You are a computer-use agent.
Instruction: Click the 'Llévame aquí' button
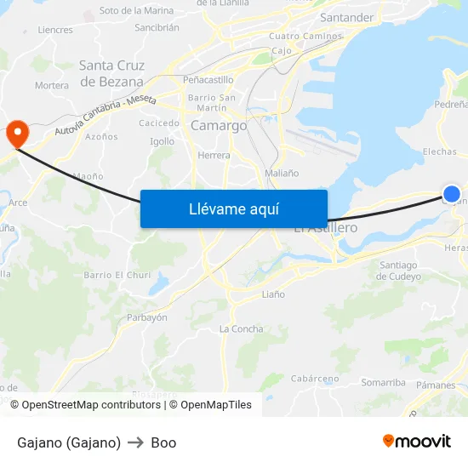point(233,208)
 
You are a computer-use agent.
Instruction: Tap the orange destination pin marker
point(16,132)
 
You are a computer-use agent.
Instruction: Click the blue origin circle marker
point(452,194)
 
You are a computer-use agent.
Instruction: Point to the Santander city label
point(346,18)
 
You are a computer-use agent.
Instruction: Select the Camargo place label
point(219,125)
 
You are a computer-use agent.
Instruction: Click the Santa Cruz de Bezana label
point(111,73)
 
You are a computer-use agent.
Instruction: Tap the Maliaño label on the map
point(282,173)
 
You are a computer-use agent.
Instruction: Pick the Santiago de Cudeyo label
point(398,271)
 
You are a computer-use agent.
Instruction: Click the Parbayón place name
point(146,317)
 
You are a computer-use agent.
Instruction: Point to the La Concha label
point(241,329)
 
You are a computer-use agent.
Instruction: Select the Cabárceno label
point(315,379)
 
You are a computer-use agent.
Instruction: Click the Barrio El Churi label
point(117,275)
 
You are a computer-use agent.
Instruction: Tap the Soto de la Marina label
point(136,11)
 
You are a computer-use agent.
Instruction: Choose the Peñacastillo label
point(208,79)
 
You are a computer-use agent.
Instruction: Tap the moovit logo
point(417,441)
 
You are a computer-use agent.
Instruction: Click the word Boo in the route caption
point(163,442)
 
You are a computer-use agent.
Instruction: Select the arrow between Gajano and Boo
point(136,442)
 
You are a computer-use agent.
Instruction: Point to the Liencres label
point(55,30)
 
